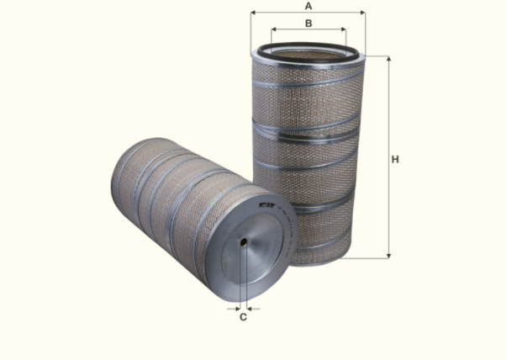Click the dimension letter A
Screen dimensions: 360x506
coord(308,6)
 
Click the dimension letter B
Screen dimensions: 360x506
coord(308,23)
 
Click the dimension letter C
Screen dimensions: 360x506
coord(243,317)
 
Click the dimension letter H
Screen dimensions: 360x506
coord(394,159)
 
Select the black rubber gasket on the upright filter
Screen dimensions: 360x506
coord(308,48)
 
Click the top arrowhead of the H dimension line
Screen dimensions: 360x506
coord(388,60)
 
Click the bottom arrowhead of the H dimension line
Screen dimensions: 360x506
coord(388,253)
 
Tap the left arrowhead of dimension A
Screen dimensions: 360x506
coord(254,13)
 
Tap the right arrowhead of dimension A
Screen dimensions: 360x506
coord(363,13)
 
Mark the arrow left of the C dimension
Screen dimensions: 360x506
coord(235,308)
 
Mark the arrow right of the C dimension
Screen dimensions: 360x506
coord(251,308)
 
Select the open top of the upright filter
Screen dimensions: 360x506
coord(308,56)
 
